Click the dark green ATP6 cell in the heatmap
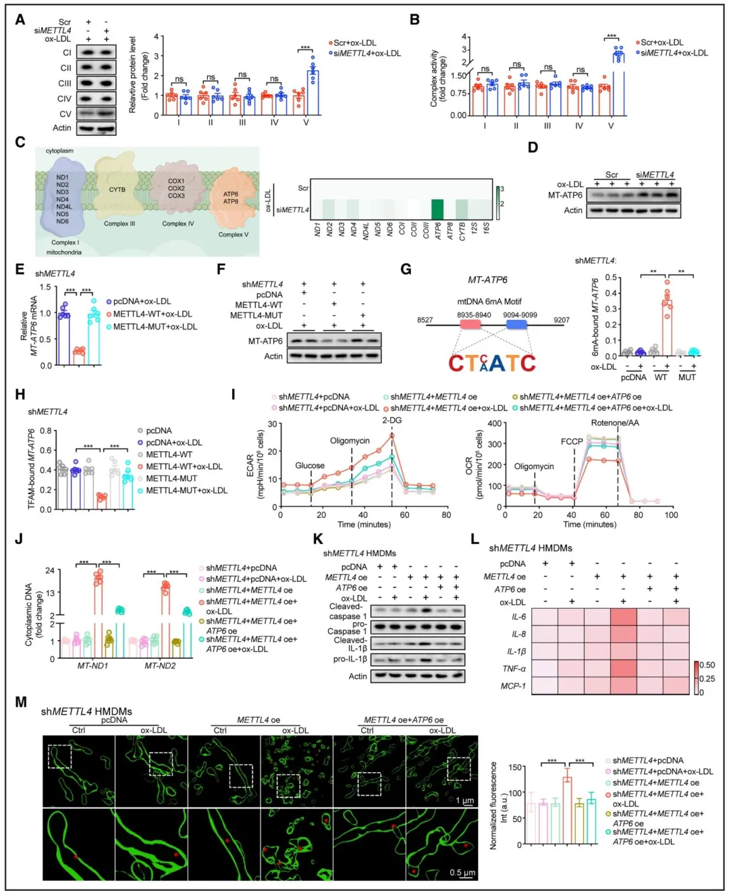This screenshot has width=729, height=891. (x=437, y=209)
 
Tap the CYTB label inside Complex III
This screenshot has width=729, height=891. (x=117, y=190)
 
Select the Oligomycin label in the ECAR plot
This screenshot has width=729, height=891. (x=350, y=441)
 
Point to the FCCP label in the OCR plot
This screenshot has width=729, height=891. (x=572, y=441)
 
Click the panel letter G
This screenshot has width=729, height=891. (x=406, y=269)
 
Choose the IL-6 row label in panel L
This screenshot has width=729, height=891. (x=518, y=617)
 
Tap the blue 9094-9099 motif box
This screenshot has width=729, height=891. (x=516, y=325)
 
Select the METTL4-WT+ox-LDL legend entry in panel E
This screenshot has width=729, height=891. (x=152, y=314)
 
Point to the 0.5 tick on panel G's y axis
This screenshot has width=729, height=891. (x=610, y=277)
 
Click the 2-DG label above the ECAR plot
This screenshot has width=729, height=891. (x=392, y=421)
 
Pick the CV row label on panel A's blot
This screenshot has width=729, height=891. (x=65, y=114)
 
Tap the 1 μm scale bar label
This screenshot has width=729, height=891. (x=464, y=801)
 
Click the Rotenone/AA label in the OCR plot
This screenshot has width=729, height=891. (x=615, y=423)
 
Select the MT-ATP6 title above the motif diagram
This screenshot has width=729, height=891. (x=487, y=280)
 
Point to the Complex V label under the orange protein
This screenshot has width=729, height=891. (x=234, y=235)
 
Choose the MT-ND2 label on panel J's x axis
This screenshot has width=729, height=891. (x=160, y=666)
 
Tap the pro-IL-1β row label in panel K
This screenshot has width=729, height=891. (x=350, y=659)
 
